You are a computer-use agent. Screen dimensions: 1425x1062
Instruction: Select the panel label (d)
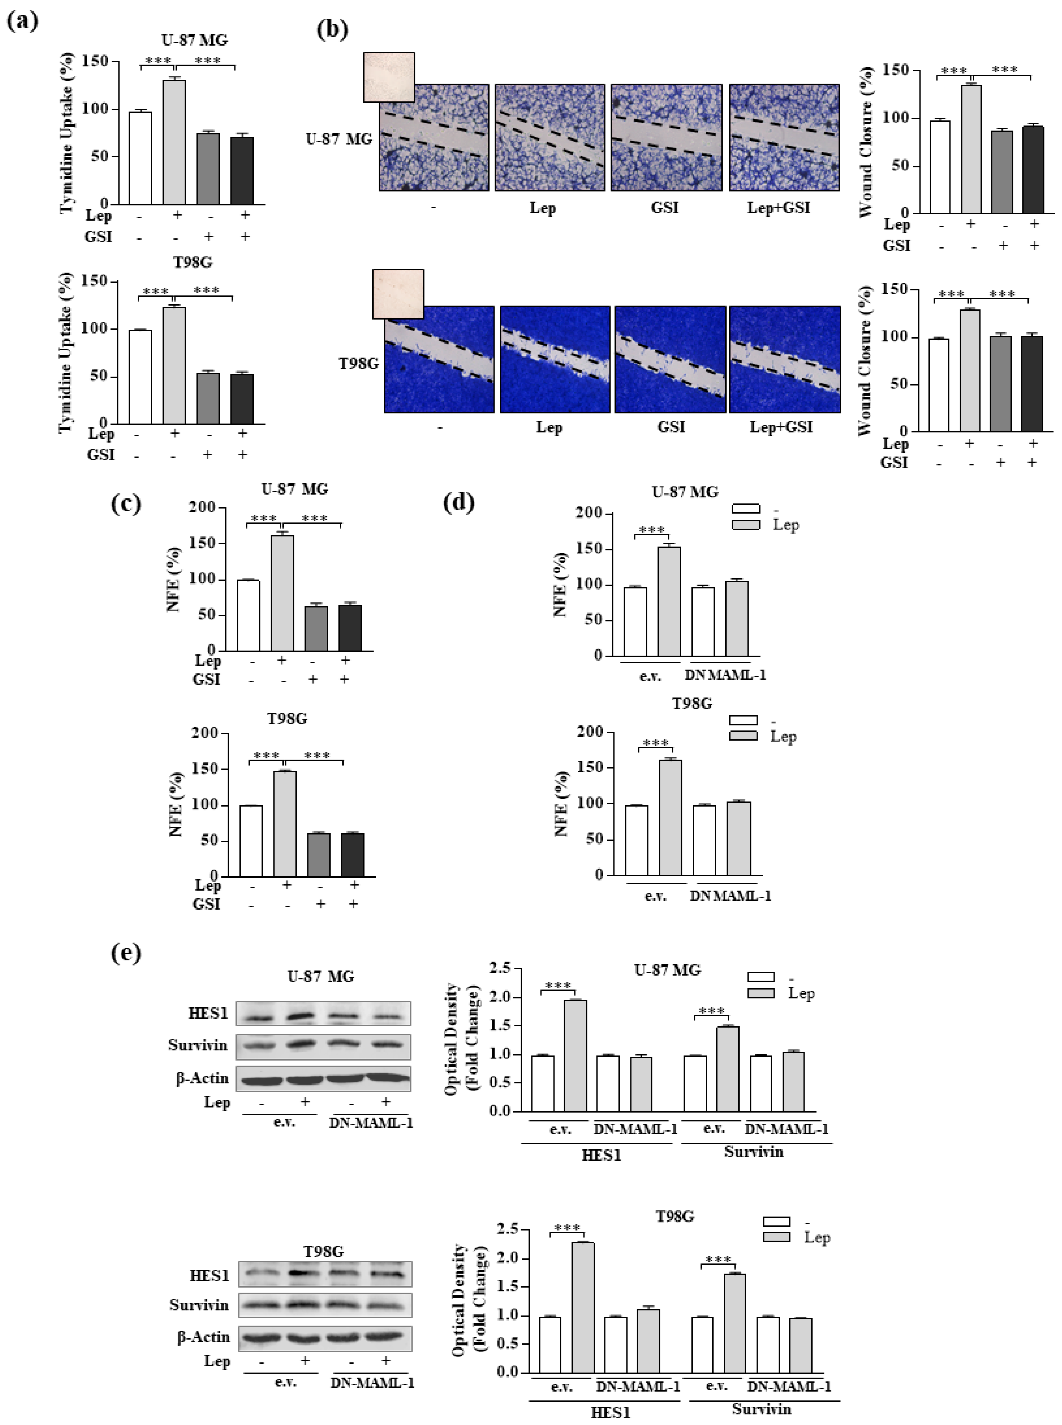click(x=459, y=502)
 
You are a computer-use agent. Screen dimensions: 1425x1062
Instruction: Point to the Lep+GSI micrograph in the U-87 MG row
click(x=784, y=137)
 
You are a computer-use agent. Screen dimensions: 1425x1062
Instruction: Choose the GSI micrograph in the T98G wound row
click(x=670, y=359)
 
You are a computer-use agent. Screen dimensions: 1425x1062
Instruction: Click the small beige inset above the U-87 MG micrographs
click(x=389, y=77)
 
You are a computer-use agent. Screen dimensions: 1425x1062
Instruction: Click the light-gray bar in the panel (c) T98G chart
click(x=285, y=823)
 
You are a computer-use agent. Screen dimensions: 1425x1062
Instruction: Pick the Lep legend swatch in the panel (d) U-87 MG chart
click(x=746, y=525)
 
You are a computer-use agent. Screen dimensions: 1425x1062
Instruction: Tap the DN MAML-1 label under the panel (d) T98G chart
click(x=730, y=896)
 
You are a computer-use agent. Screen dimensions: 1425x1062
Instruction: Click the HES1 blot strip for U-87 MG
click(x=323, y=1013)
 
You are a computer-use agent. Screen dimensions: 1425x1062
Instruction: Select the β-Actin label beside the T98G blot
click(x=203, y=1337)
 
